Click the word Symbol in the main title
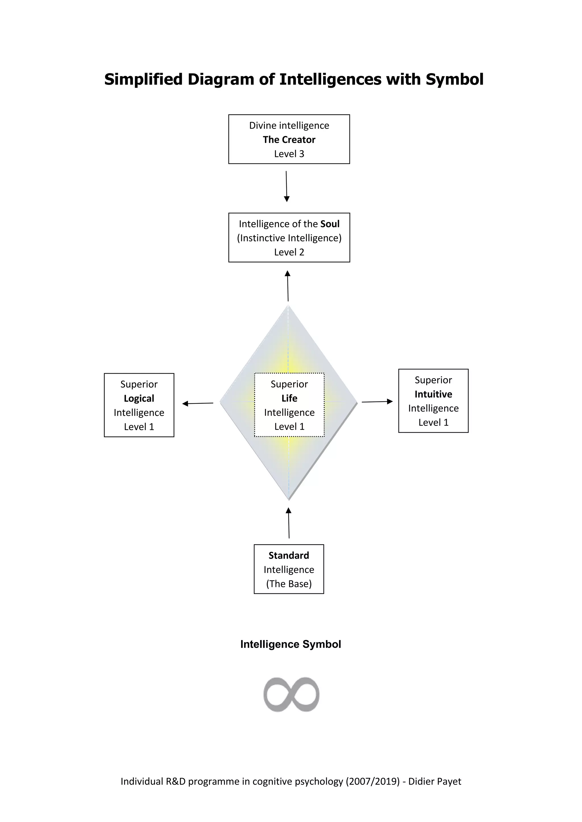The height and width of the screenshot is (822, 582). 454,79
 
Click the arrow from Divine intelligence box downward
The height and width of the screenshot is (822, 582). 286,186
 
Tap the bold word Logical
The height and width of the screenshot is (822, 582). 139,399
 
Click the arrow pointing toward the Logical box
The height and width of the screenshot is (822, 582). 198,404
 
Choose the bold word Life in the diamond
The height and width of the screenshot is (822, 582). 289,398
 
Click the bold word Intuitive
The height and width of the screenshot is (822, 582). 433,394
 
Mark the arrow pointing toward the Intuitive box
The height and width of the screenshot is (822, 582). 377,402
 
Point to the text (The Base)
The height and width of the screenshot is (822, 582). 288,584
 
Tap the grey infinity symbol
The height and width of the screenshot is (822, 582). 291,695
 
